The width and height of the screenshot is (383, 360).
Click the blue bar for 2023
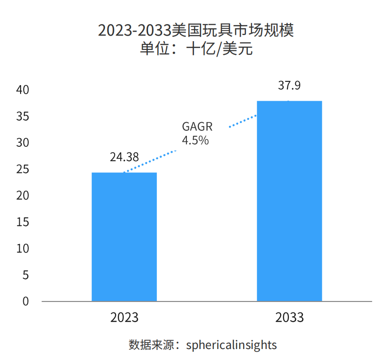[x=124, y=236]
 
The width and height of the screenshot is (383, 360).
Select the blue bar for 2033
[x=289, y=201]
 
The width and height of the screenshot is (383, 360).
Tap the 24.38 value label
[x=124, y=157]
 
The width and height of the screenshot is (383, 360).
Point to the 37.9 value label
[x=289, y=86]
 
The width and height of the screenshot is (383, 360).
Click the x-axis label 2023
[x=124, y=317]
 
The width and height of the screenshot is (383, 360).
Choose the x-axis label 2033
[x=289, y=317]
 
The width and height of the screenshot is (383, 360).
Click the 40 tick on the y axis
[x=22, y=90]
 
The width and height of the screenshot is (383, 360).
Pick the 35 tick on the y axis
[x=22, y=117]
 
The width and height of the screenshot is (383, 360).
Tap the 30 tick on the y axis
[x=22, y=143]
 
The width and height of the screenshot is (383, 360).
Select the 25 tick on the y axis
[x=22, y=170]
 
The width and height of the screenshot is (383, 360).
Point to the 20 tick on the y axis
[x=22, y=196]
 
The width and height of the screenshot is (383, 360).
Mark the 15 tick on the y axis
[x=22, y=222]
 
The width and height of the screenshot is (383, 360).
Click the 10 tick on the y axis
[x=22, y=249]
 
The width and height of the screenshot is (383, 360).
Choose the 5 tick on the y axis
[x=26, y=275]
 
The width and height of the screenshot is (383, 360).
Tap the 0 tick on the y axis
[x=26, y=301]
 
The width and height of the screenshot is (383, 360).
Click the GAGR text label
[x=197, y=127]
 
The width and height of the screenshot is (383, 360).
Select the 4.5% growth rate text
[x=195, y=140]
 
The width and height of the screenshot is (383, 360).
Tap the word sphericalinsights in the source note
[x=231, y=344]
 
